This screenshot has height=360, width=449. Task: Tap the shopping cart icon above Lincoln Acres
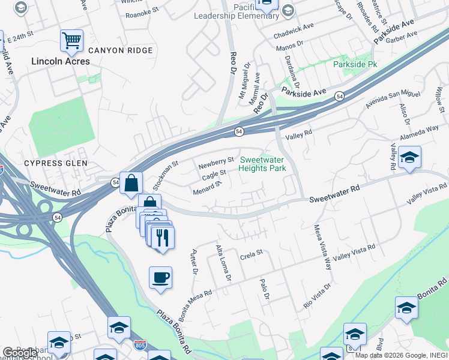(71, 41)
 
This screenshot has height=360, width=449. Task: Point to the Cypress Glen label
(55, 163)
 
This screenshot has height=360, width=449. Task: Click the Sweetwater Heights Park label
(262, 164)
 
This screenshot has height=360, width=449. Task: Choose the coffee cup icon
(160, 278)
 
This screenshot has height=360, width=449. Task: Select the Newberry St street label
(216, 162)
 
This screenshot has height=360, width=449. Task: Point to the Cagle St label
(214, 175)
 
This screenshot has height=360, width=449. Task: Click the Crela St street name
(252, 253)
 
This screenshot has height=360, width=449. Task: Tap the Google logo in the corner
(20, 353)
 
